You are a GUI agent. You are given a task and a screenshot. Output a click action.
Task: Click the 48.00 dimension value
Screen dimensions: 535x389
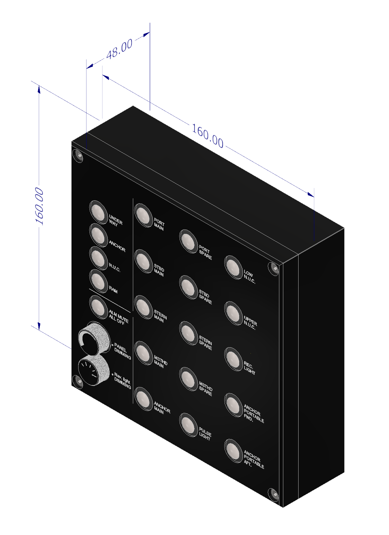click(x=119, y=49)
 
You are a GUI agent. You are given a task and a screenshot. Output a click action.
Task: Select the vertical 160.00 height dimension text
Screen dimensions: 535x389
click(x=39, y=206)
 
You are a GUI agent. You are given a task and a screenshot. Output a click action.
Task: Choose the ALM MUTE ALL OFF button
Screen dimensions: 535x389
click(x=98, y=306)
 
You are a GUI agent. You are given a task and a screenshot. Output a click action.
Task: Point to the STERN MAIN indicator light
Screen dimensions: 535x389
click(x=143, y=307)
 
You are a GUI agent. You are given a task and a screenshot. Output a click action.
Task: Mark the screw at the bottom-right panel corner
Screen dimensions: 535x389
click(x=273, y=494)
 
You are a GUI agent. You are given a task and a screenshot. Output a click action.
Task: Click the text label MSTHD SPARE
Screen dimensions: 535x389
click(x=205, y=389)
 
